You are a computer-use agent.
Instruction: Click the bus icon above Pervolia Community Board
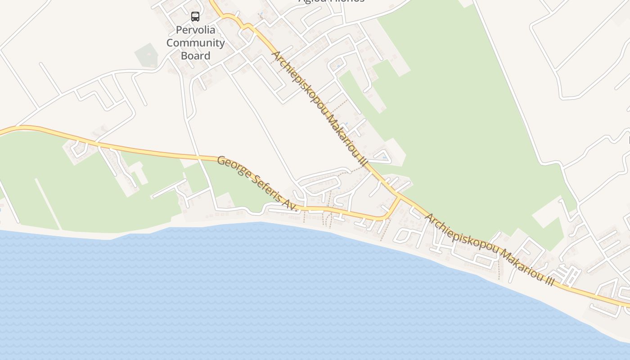195,17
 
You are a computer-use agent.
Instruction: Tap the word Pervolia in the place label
195,30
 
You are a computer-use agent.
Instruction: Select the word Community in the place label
195,43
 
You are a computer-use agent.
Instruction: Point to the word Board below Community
195,56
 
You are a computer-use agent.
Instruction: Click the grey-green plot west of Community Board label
146,55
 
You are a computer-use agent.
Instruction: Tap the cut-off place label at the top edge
331,1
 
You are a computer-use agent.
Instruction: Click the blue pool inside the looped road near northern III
384,157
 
